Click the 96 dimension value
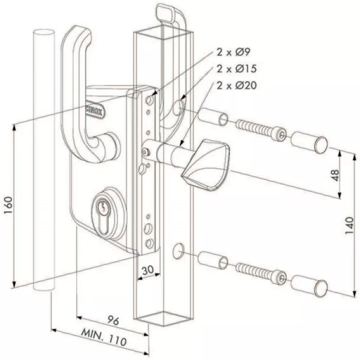(114, 320)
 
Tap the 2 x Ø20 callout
(236, 85)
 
